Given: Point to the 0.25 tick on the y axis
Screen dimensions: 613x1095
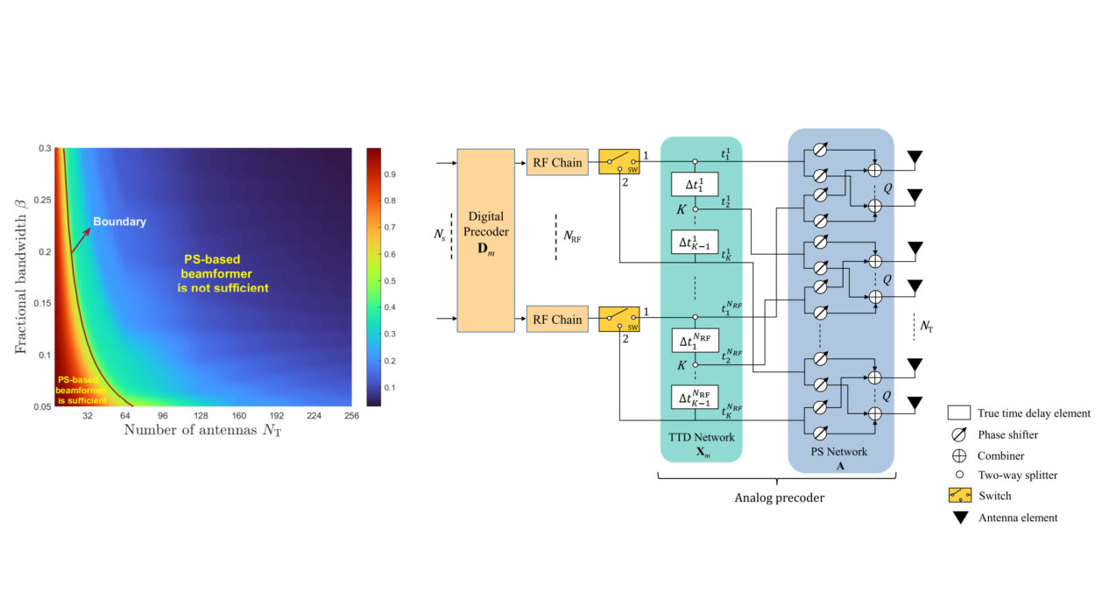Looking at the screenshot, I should click(x=41, y=200).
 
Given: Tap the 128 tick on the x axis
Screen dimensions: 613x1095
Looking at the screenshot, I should click(x=200, y=415).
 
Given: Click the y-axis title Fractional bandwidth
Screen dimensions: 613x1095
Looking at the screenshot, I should click(x=20, y=278).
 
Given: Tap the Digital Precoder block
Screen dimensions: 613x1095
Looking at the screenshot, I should click(x=484, y=240).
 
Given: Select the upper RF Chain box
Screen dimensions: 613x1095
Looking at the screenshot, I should click(x=557, y=162).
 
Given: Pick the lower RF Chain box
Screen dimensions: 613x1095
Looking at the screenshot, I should click(x=557, y=319).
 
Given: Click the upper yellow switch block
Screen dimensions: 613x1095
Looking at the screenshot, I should click(x=619, y=162).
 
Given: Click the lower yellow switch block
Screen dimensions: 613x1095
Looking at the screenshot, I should click(x=619, y=319).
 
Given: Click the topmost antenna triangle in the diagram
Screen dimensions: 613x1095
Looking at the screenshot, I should click(x=915, y=159).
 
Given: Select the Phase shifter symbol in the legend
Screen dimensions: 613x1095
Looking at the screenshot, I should click(x=959, y=434).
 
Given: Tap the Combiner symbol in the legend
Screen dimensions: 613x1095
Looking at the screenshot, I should click(x=959, y=455).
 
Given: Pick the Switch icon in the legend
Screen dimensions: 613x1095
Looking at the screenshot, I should click(x=959, y=496).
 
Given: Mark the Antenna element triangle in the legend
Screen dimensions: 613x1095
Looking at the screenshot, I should click(x=959, y=518).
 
